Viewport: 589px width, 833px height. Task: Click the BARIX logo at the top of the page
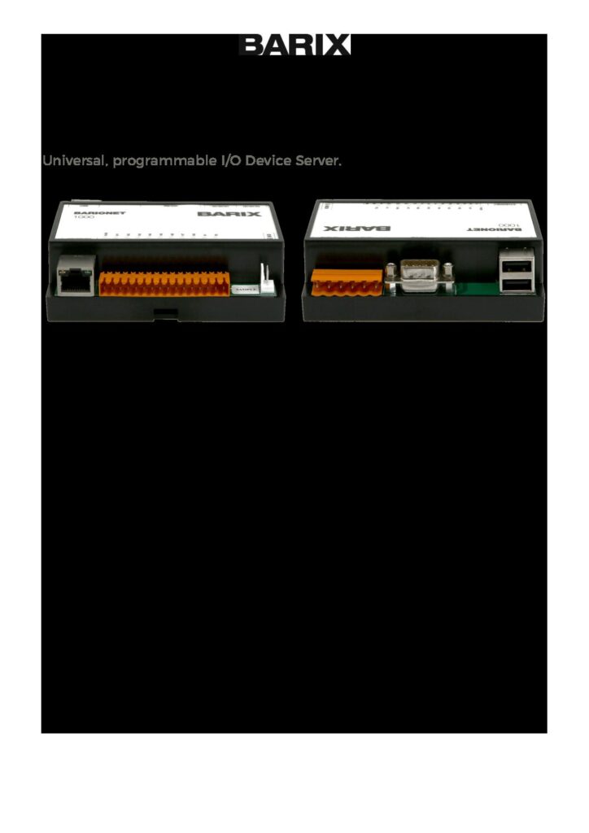(294, 46)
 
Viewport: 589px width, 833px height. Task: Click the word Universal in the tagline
(74, 161)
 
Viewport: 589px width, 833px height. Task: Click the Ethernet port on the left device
(76, 277)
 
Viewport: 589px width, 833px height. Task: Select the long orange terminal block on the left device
(164, 283)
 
